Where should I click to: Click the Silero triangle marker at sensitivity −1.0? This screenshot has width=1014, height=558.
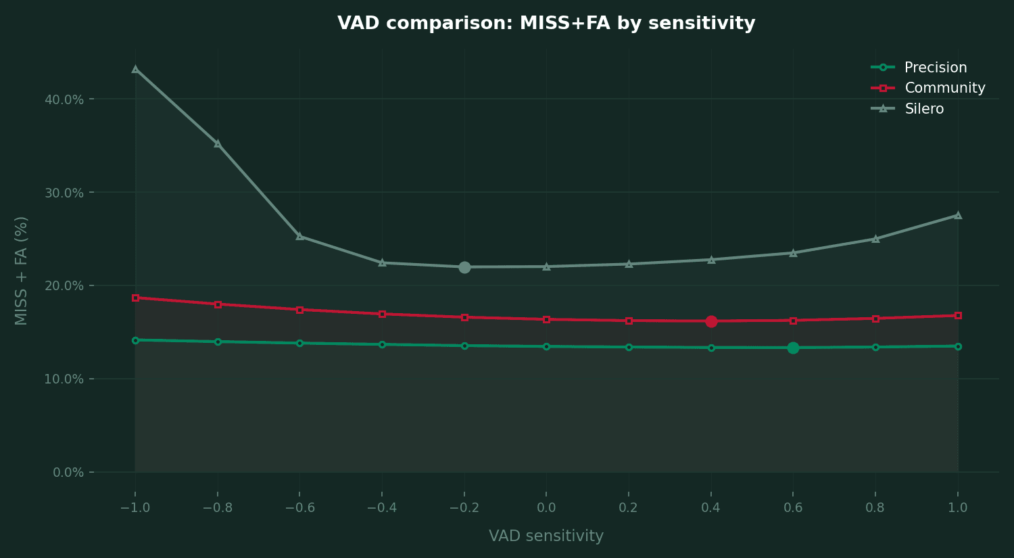pyautogui.click(x=135, y=69)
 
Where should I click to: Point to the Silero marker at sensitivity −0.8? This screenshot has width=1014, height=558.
pyautogui.click(x=218, y=143)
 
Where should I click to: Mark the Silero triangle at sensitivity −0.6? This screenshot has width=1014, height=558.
pyautogui.click(x=299, y=236)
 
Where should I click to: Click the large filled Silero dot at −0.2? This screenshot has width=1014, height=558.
pyautogui.click(x=464, y=267)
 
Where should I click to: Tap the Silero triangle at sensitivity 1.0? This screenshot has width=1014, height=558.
pyautogui.click(x=958, y=215)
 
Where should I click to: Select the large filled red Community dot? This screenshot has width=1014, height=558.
pyautogui.click(x=711, y=321)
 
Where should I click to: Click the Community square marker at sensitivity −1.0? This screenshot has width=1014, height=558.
pyautogui.click(x=135, y=298)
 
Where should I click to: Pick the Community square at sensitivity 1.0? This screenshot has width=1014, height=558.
pyautogui.click(x=958, y=316)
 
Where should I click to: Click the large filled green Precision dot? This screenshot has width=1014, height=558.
pyautogui.click(x=793, y=348)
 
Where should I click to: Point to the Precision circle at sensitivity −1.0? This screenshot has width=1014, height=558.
pyautogui.click(x=135, y=341)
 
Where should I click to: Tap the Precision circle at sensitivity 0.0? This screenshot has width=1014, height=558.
pyautogui.click(x=546, y=346)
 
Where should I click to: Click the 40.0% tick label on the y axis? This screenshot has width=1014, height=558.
pyautogui.click(x=64, y=99)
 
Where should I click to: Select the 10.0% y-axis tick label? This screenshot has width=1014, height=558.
pyautogui.click(x=64, y=379)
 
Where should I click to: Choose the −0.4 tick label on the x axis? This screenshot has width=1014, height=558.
pyautogui.click(x=382, y=508)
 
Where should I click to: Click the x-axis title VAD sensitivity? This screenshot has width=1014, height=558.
pyautogui.click(x=546, y=536)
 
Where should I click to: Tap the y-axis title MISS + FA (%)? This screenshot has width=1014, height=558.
pyautogui.click(x=21, y=271)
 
